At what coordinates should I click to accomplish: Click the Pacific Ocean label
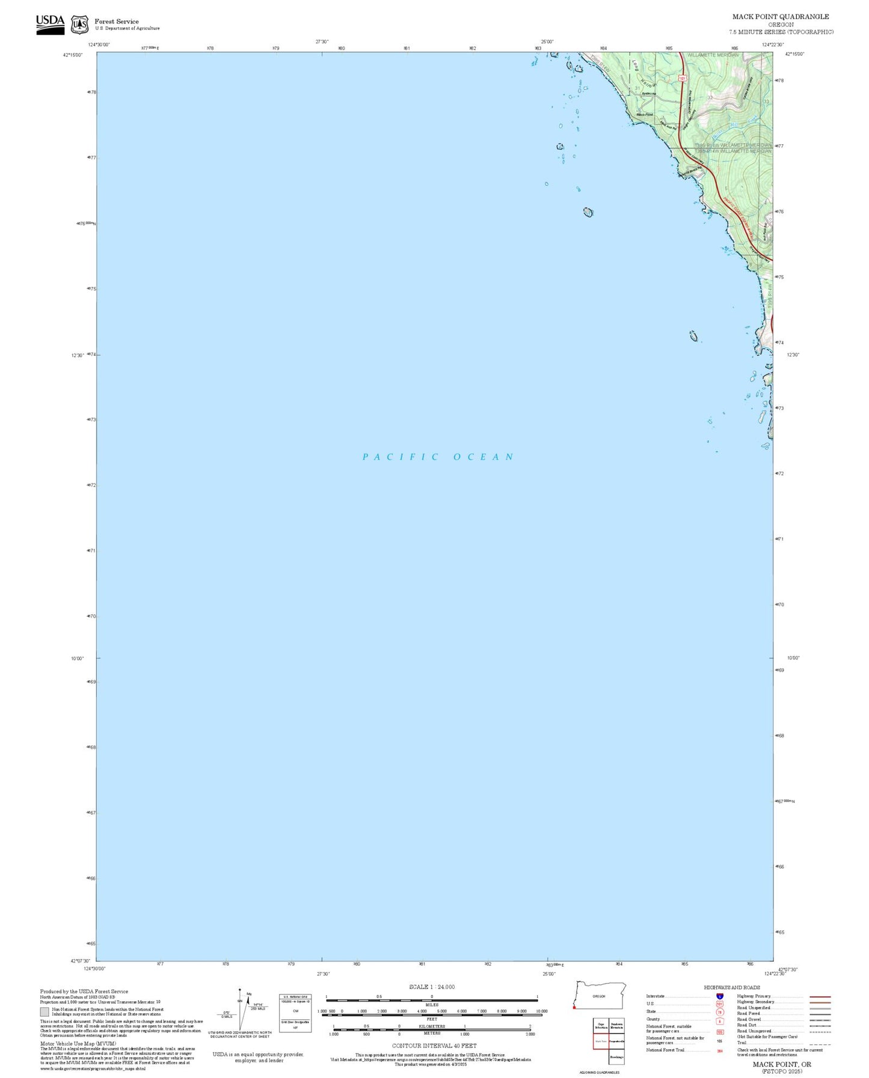[x=437, y=457]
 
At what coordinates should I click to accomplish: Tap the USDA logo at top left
[x=50, y=24]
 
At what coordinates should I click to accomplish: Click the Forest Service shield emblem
[x=79, y=25]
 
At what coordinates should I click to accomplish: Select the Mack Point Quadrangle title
[x=780, y=17]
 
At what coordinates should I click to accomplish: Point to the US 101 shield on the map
[x=682, y=78]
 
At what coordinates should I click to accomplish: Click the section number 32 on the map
[x=710, y=97]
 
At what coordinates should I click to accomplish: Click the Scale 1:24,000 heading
[x=432, y=987]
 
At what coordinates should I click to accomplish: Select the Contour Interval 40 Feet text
[x=434, y=1046]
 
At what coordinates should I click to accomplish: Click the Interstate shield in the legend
[x=720, y=996]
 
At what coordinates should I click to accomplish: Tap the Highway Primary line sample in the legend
[x=820, y=996]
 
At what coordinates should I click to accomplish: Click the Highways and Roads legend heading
[x=732, y=987]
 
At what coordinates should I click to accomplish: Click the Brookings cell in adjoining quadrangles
[x=616, y=1056]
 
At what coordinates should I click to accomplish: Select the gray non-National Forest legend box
[x=45, y=1011]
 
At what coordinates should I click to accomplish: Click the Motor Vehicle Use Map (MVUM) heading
[x=78, y=1044]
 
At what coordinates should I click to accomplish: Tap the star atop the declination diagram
[x=240, y=990]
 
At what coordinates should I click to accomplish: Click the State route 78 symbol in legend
[x=720, y=1012]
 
